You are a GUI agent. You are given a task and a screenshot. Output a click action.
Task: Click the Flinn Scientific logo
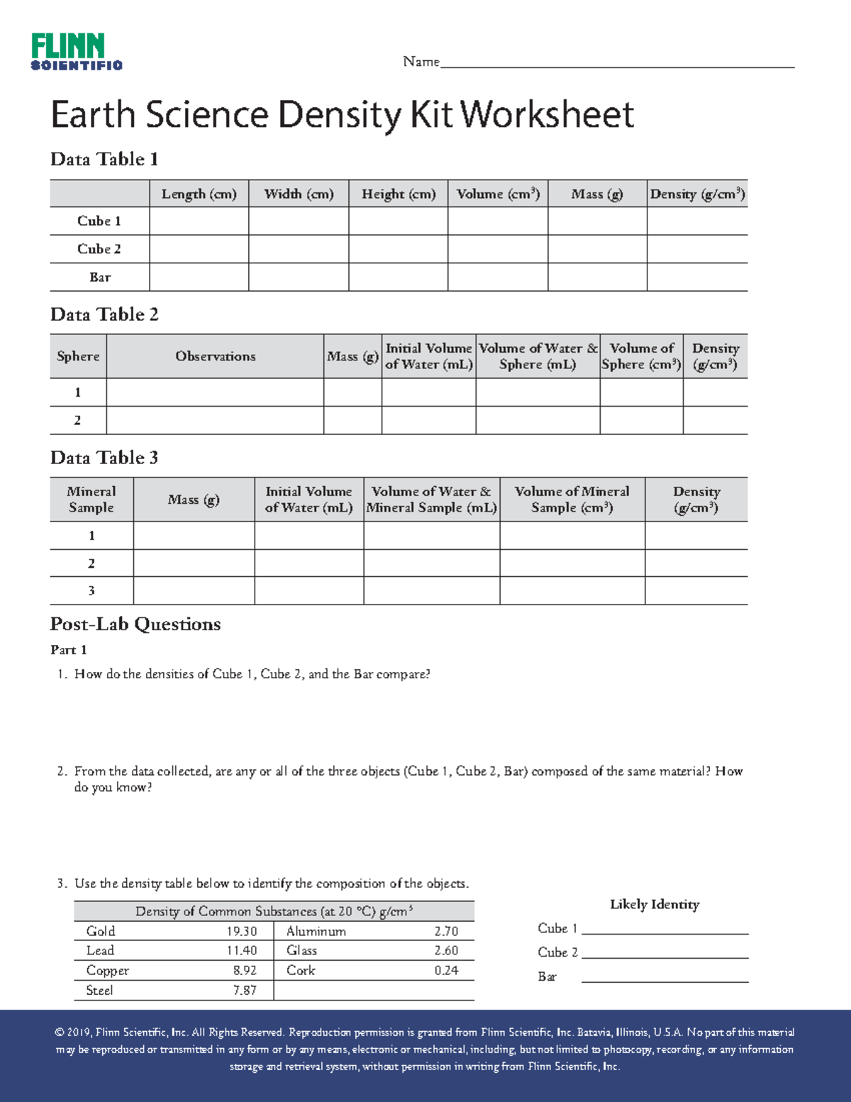coord(77,52)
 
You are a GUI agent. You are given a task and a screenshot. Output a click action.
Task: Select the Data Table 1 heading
coord(104,159)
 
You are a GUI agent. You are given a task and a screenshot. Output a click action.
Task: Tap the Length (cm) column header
coord(199,194)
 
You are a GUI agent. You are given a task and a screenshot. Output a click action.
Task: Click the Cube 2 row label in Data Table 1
coord(99,249)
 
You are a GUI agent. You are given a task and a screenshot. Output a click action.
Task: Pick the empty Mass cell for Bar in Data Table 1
coord(597,277)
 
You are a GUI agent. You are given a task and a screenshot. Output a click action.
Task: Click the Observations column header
coord(216,356)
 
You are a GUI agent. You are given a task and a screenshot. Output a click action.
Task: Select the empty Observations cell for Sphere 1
coord(216,392)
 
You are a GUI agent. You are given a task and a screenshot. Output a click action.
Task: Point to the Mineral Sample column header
coord(91,500)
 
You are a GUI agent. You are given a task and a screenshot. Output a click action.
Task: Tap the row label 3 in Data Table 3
coord(91,590)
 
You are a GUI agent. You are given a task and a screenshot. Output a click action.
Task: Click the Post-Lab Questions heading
coord(135,624)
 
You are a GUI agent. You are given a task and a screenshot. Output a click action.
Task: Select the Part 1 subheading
coord(69,650)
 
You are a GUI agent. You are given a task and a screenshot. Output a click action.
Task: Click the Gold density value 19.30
coord(242,931)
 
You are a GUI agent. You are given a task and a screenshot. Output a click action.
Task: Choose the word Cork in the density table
coord(301,970)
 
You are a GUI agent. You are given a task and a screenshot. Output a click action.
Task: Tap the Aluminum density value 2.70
coord(446,931)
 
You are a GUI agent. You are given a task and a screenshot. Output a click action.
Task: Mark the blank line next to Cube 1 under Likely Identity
coord(664,930)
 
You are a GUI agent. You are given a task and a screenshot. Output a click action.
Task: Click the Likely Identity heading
coord(655,904)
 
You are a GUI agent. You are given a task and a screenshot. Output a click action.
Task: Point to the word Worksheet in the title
coord(547,115)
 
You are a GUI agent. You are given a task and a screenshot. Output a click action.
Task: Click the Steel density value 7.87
coord(245,990)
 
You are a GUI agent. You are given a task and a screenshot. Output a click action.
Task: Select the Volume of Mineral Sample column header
coord(572,500)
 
